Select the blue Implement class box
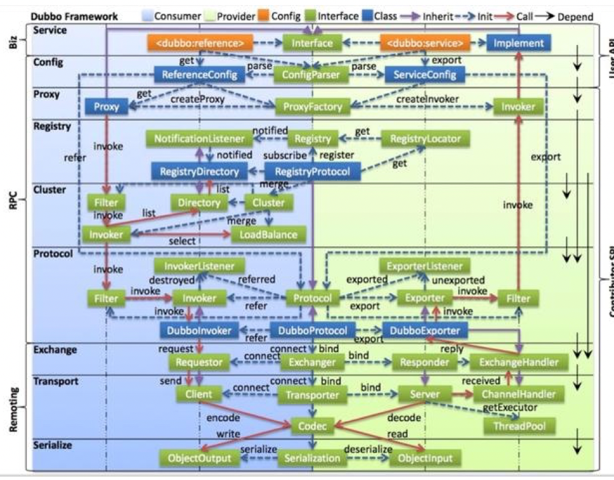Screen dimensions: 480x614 point(519,43)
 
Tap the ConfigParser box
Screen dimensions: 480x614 point(311,75)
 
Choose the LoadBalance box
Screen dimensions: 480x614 point(264,234)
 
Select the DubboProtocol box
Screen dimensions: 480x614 point(313,330)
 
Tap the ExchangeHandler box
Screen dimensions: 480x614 point(518,362)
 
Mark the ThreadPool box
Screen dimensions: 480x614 point(519,426)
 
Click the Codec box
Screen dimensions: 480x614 point(313,426)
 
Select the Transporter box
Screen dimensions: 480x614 point(313,395)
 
